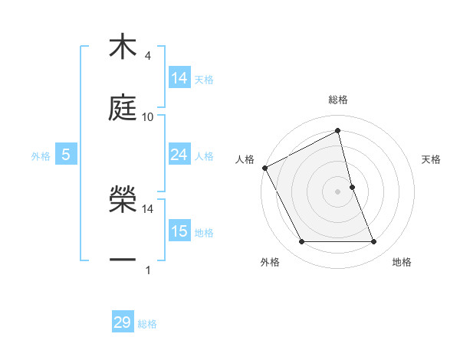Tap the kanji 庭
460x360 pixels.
coord(123,108)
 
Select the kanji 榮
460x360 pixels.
coord(123,200)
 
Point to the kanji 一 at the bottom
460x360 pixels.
coord(123,260)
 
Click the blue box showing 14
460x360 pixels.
coord(179,78)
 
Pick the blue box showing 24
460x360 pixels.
coord(179,155)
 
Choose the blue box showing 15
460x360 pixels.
coord(179,231)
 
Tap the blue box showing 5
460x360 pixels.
coord(65,155)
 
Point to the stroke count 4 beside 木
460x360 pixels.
coord(147,55)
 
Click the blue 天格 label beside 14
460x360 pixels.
coord(204,79)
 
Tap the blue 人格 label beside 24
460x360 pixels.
coord(204,155)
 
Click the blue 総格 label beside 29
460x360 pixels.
coord(147,323)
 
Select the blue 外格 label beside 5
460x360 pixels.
coord(41,155)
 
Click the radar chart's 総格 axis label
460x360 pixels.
coord(337,100)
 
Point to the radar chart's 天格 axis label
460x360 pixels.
coord(432,159)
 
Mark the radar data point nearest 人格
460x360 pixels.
coord(264,168)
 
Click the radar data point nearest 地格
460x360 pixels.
coord(374,242)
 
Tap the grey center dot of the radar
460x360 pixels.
coord(337,191)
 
